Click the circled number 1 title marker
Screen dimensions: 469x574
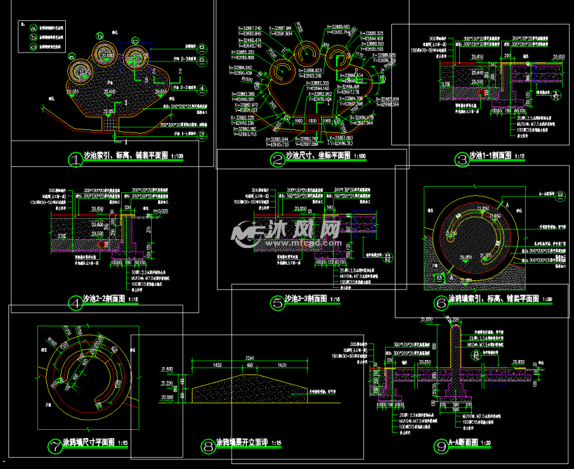(x=76, y=159)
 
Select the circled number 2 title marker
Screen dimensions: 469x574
(x=278, y=160)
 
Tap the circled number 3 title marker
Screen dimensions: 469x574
(x=461, y=159)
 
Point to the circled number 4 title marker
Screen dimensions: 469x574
(x=76, y=302)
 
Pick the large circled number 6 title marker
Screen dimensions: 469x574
(x=440, y=302)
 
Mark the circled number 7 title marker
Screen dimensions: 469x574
(x=53, y=445)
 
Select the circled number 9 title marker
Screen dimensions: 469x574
(x=440, y=445)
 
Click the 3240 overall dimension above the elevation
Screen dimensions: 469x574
(x=250, y=357)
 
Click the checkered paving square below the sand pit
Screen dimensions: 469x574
(x=110, y=124)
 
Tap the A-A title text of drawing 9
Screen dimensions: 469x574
(x=470, y=444)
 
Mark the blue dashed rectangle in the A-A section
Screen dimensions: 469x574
(x=502, y=376)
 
